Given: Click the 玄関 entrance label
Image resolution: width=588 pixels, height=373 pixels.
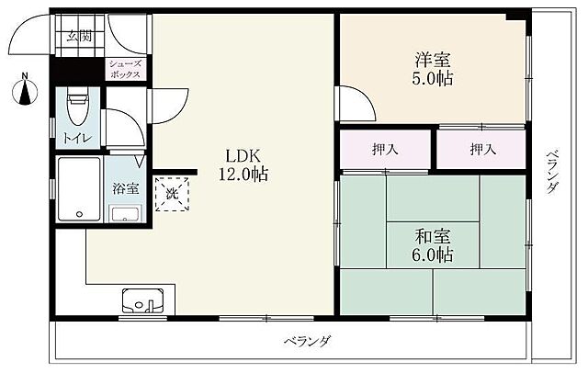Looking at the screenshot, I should coord(79,38).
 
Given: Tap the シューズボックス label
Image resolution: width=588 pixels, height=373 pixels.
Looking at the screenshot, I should coord(126,70).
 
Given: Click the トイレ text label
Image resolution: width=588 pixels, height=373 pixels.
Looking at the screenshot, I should coord(76,141).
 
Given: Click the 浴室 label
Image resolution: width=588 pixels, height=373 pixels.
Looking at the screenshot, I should coord(125,189).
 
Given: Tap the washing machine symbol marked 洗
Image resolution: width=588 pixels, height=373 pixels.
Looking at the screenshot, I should coord(171,193).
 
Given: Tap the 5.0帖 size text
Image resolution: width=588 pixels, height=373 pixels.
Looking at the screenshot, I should coord(431,79).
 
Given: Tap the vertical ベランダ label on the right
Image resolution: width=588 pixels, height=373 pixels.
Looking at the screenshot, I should coord(551,171).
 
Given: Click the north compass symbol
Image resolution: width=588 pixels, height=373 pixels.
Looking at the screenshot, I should coord(26,89).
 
